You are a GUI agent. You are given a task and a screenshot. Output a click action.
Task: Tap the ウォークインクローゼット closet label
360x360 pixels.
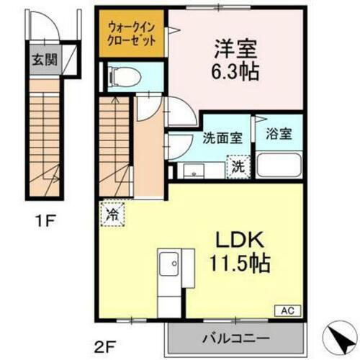131,35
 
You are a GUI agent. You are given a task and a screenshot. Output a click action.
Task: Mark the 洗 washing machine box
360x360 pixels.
237,166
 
